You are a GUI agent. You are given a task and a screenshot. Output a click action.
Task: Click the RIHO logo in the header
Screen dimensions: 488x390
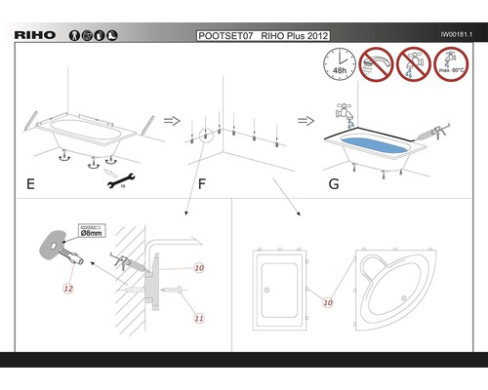35,35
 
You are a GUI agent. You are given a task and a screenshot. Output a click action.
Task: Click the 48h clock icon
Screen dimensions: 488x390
340,64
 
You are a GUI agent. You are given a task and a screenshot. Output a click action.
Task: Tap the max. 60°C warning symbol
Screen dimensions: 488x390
451,64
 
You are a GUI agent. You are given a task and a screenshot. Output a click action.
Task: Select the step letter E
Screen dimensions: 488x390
30,184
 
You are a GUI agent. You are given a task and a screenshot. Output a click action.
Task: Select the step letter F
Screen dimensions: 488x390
202,184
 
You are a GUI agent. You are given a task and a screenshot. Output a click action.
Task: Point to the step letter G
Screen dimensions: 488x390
334,184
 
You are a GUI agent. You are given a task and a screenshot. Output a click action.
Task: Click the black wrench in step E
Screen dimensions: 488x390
121,180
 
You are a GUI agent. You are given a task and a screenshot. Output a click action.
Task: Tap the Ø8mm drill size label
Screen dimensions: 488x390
92,231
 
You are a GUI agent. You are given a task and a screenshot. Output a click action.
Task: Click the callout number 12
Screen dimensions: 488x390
68,289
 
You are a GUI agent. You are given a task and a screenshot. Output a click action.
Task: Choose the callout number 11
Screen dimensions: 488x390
199,318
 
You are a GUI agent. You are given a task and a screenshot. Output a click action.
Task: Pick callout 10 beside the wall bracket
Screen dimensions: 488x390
199,268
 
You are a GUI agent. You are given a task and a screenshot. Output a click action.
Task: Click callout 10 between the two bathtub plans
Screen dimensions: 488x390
328,302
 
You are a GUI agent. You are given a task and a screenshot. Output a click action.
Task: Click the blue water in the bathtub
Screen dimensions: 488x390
374,145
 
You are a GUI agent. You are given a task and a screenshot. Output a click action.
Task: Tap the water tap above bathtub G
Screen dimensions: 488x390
346,112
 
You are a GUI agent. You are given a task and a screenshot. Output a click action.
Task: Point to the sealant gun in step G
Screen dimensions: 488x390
433,133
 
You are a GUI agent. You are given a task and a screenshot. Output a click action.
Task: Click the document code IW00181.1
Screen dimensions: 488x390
457,34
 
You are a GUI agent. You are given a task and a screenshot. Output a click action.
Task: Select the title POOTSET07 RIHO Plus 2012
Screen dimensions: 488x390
264,36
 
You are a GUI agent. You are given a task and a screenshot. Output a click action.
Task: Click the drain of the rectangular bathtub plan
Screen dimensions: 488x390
266,291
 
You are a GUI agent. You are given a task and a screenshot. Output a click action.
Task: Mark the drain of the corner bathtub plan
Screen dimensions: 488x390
404,298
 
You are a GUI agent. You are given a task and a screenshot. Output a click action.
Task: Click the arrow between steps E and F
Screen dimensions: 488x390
172,121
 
